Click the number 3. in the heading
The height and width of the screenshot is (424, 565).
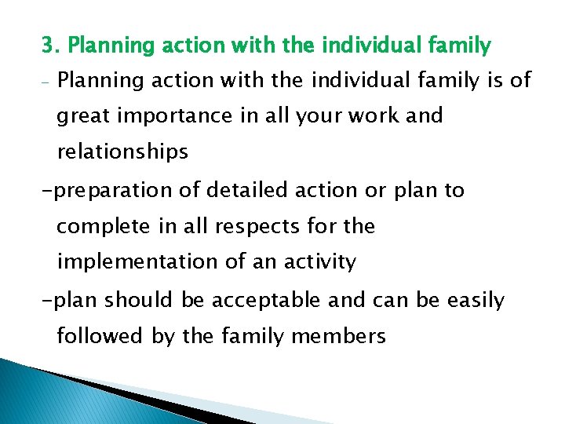pos(51,46)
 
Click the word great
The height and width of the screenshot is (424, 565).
pos(83,116)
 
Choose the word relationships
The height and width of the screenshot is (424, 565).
pos(122,152)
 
